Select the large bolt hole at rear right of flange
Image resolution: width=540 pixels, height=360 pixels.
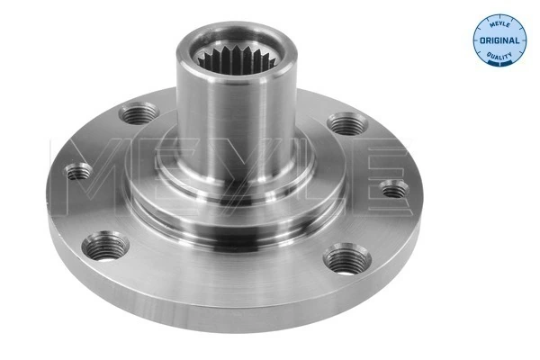coord(346,122)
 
